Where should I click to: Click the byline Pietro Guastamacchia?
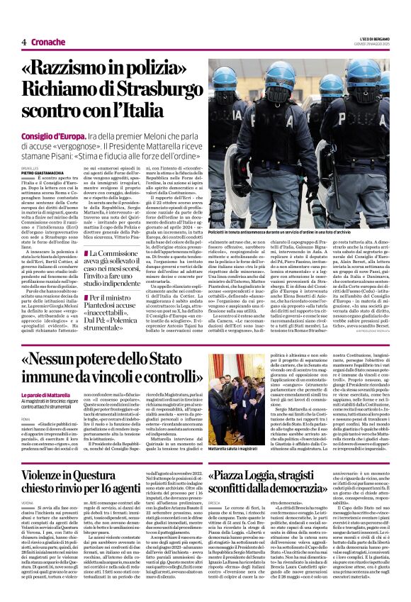point(41,172)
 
